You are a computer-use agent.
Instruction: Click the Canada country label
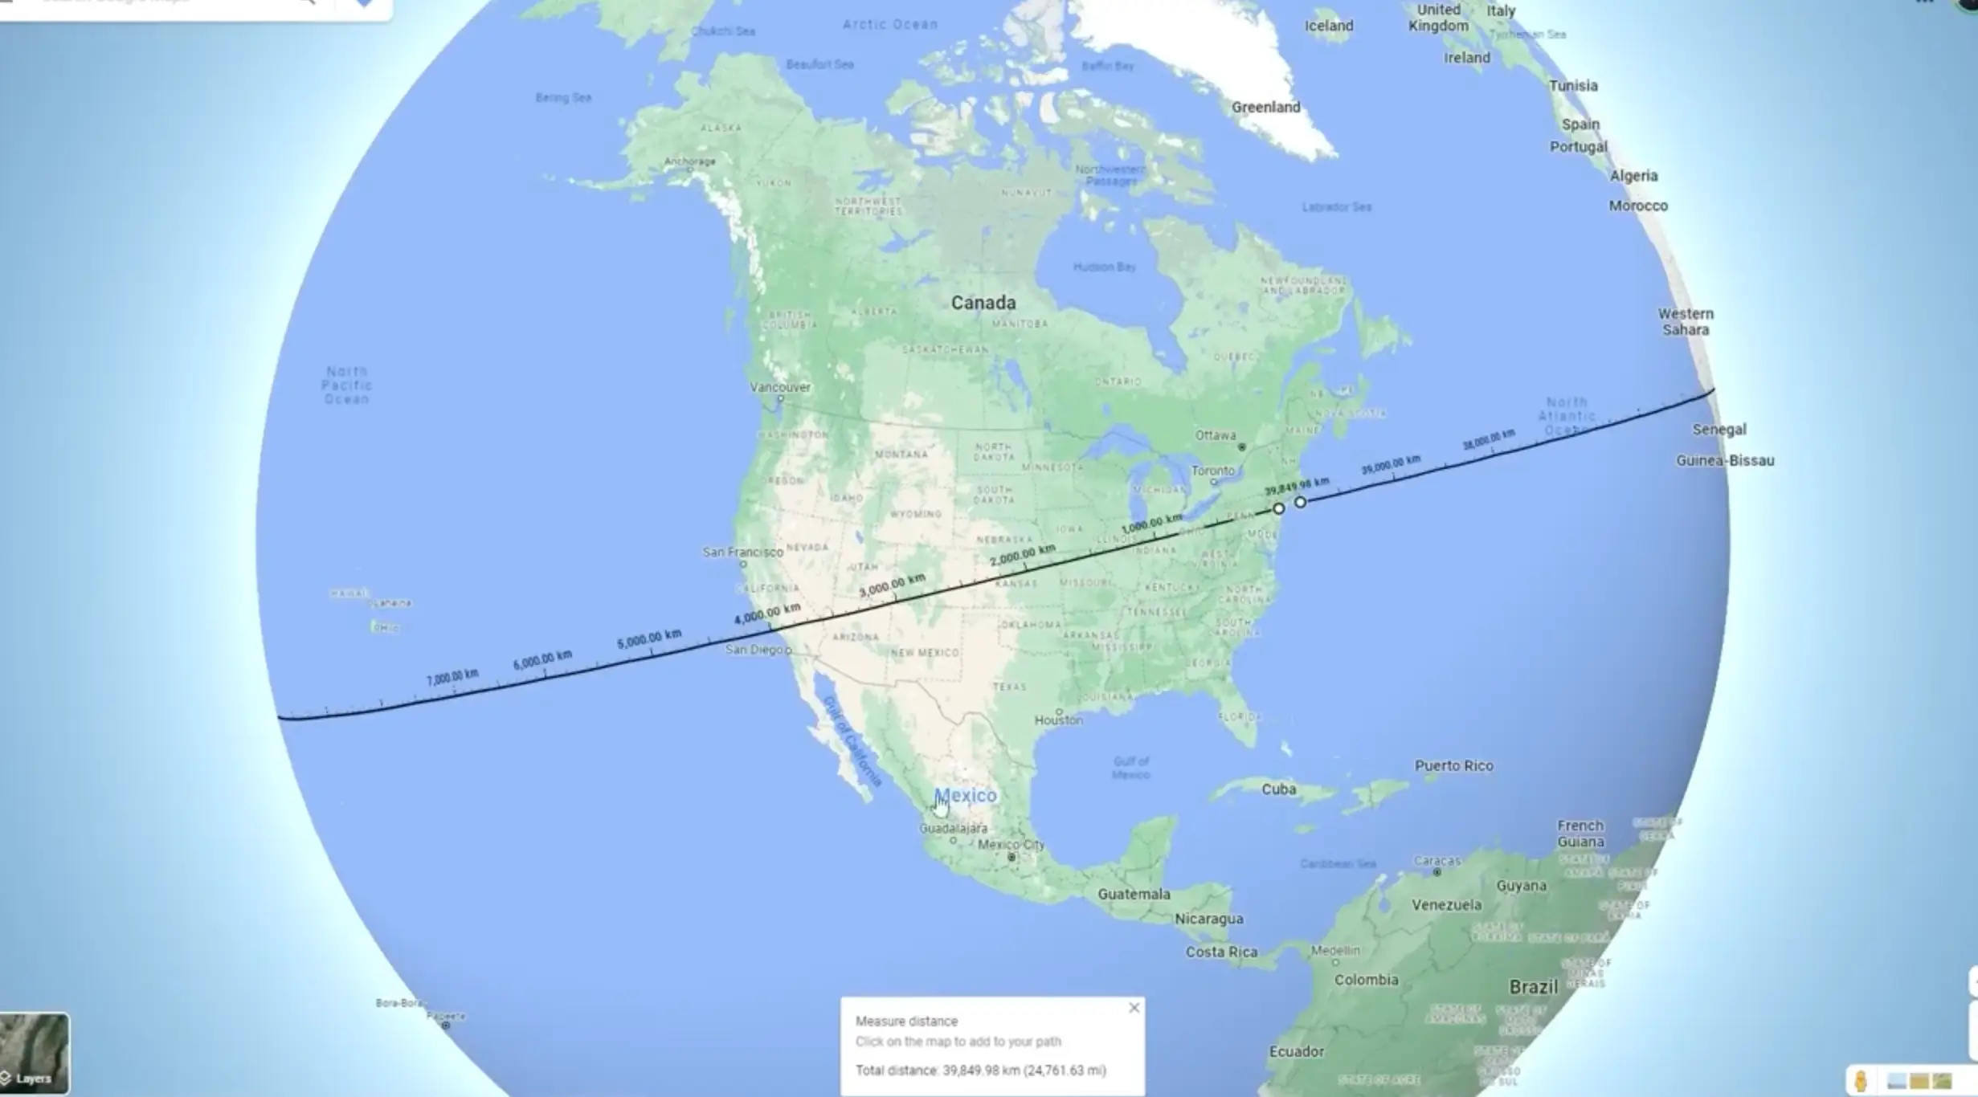983,303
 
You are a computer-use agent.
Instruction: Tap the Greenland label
1265,108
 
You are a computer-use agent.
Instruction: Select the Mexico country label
965,796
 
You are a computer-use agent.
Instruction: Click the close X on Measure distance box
1134,1008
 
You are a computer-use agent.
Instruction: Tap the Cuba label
1278,789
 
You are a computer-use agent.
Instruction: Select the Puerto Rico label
1453,766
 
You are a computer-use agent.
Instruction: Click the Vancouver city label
780,387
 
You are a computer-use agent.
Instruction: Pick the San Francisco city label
742,553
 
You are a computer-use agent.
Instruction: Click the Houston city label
1058,720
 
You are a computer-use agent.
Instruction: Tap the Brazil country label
1533,987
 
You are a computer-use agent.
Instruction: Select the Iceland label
1329,26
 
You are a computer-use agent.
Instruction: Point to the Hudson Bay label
1104,267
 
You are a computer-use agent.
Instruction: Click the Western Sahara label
1686,322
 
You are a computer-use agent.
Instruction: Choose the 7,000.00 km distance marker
452,677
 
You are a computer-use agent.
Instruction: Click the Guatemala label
1134,895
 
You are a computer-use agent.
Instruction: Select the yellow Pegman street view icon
1861,1081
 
